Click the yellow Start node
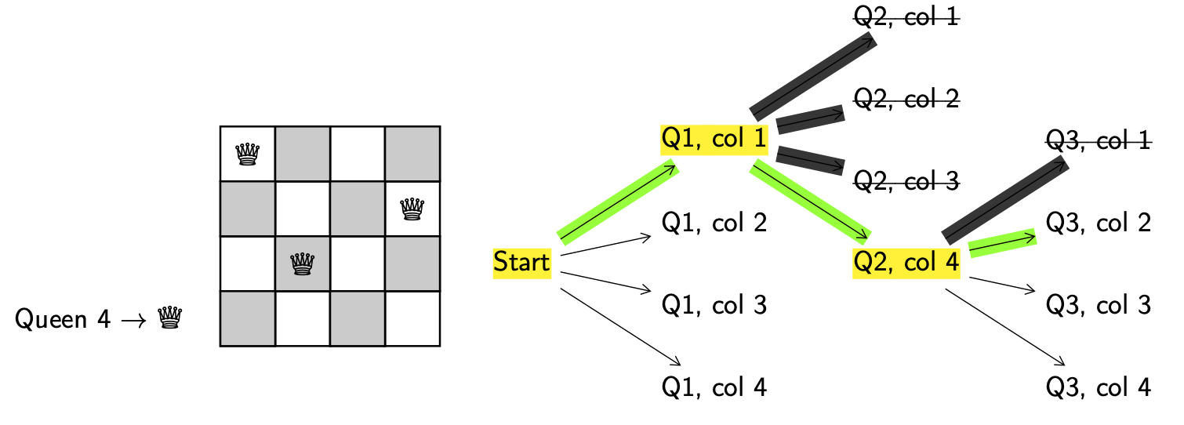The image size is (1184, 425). pos(521,263)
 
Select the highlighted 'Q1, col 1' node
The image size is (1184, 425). pos(714,140)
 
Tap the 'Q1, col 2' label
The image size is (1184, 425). pos(714,223)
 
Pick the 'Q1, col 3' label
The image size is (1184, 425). pos(714,304)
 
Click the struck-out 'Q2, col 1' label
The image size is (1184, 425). pos(906,17)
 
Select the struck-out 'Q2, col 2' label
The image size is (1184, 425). pos(906,99)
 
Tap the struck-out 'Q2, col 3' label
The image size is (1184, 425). pos(906,181)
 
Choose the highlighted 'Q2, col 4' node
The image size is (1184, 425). pos(906,263)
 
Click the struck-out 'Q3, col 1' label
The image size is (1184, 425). pos(1099,141)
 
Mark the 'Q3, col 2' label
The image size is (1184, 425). pos(1099,223)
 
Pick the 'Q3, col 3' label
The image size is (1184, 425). pos(1099,304)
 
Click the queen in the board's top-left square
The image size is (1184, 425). pos(248,154)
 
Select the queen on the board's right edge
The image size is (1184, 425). pos(412,209)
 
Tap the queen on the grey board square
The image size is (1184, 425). pos(303,263)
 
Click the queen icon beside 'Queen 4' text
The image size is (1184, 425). pos(170,318)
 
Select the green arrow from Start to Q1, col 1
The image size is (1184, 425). pos(617,202)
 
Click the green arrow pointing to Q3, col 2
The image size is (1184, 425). pos(1003,243)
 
